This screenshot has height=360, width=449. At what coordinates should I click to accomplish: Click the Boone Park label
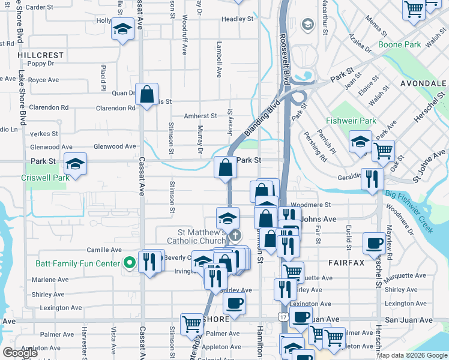400,45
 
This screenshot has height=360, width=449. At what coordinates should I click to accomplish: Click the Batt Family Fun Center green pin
128,263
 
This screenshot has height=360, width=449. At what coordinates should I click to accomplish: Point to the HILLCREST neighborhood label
40,55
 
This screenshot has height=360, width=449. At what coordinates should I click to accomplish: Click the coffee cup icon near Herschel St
374,243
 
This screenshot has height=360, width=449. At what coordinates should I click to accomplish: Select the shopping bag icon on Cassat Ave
146,94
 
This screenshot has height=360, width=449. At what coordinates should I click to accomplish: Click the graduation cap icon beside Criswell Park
76,163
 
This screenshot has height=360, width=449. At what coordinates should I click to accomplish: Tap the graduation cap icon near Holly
122,29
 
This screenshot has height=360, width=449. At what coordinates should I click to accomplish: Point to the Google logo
20,352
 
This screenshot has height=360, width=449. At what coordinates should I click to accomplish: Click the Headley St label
237,19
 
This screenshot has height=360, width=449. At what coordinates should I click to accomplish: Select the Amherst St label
200,116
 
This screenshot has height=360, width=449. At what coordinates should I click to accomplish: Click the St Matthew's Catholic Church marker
236,235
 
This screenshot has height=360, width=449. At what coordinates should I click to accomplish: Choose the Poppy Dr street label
41,64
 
